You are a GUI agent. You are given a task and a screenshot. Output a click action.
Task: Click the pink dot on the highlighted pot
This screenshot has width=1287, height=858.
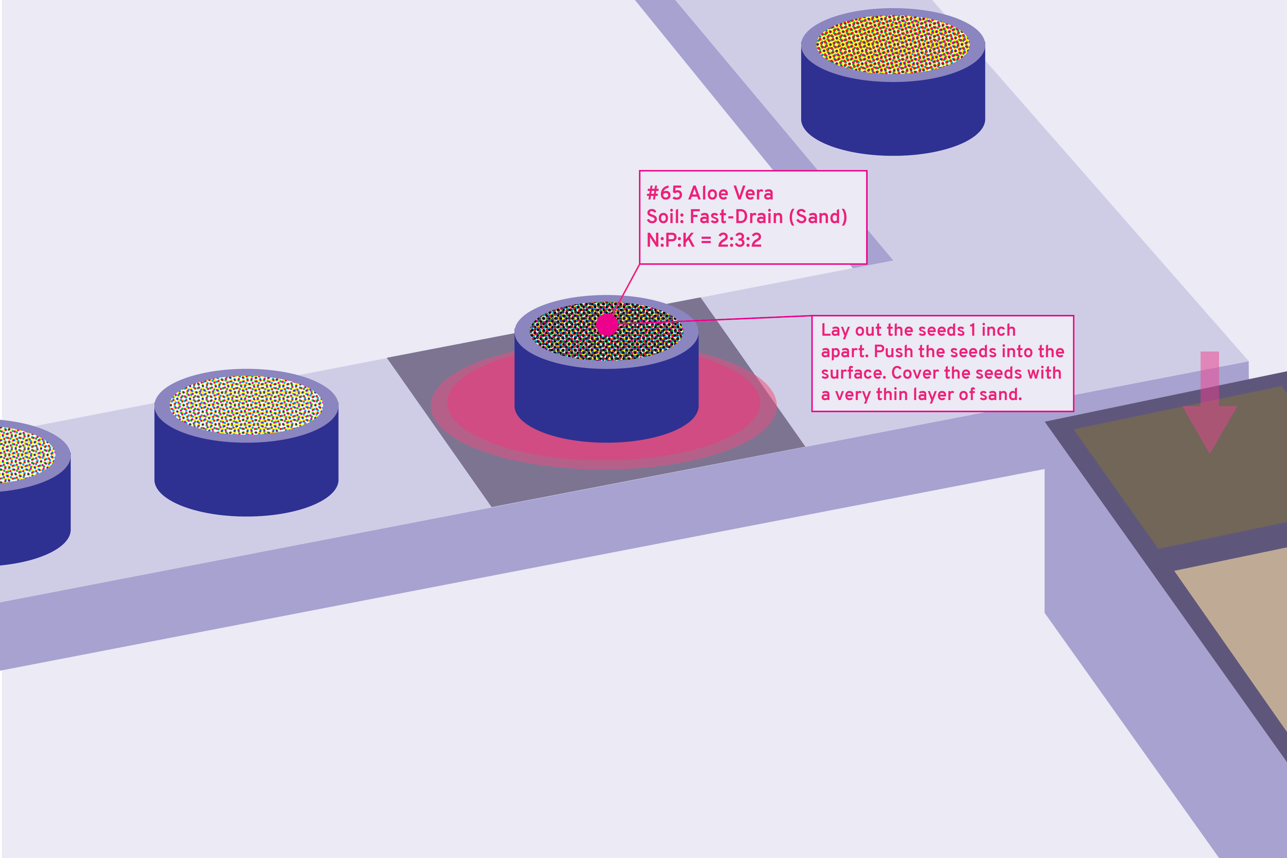(x=607, y=325)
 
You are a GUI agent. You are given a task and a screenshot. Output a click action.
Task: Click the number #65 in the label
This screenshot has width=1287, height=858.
(x=664, y=193)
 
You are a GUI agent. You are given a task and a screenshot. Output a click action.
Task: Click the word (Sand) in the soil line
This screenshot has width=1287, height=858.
(x=818, y=217)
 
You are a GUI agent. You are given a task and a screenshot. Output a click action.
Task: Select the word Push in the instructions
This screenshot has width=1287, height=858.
(x=890, y=351)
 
